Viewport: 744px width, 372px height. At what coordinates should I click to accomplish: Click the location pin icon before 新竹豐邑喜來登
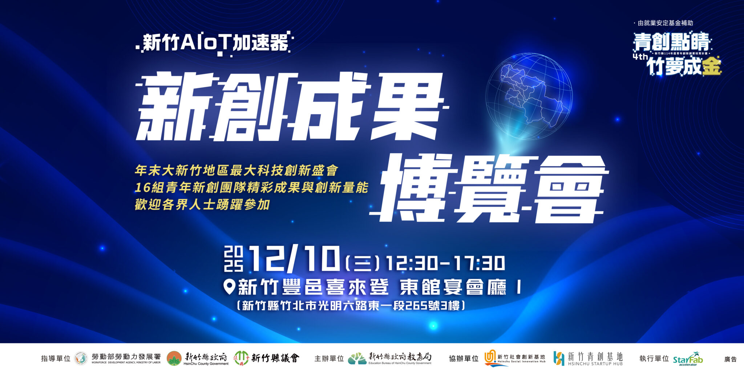pyautogui.click(x=229, y=287)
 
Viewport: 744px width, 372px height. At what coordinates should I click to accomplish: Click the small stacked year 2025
pyautogui.click(x=233, y=259)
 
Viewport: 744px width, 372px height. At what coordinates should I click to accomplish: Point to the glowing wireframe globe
pyautogui.click(x=529, y=96)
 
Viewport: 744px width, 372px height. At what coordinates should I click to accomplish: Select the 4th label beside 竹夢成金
pyautogui.click(x=640, y=57)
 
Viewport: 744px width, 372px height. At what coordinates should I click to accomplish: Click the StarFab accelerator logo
pyautogui.click(x=688, y=359)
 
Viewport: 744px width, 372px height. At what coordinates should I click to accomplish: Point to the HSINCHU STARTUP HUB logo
pyautogui.click(x=588, y=358)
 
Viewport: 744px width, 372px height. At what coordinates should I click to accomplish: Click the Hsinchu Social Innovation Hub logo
pyautogui.click(x=515, y=358)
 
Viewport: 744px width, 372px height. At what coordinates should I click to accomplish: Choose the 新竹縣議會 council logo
pyautogui.click(x=267, y=358)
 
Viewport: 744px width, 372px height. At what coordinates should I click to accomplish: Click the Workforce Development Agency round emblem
pyautogui.click(x=81, y=358)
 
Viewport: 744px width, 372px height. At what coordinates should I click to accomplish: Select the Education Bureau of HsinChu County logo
pyautogui.click(x=390, y=358)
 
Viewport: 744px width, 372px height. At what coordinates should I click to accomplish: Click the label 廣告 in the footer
pyautogui.click(x=730, y=359)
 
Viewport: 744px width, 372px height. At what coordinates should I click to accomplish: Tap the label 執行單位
pyautogui.click(x=654, y=359)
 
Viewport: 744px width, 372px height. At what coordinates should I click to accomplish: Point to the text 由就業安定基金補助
pyautogui.click(x=665, y=23)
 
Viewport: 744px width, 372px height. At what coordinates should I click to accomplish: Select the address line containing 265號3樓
pyautogui.click(x=351, y=305)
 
